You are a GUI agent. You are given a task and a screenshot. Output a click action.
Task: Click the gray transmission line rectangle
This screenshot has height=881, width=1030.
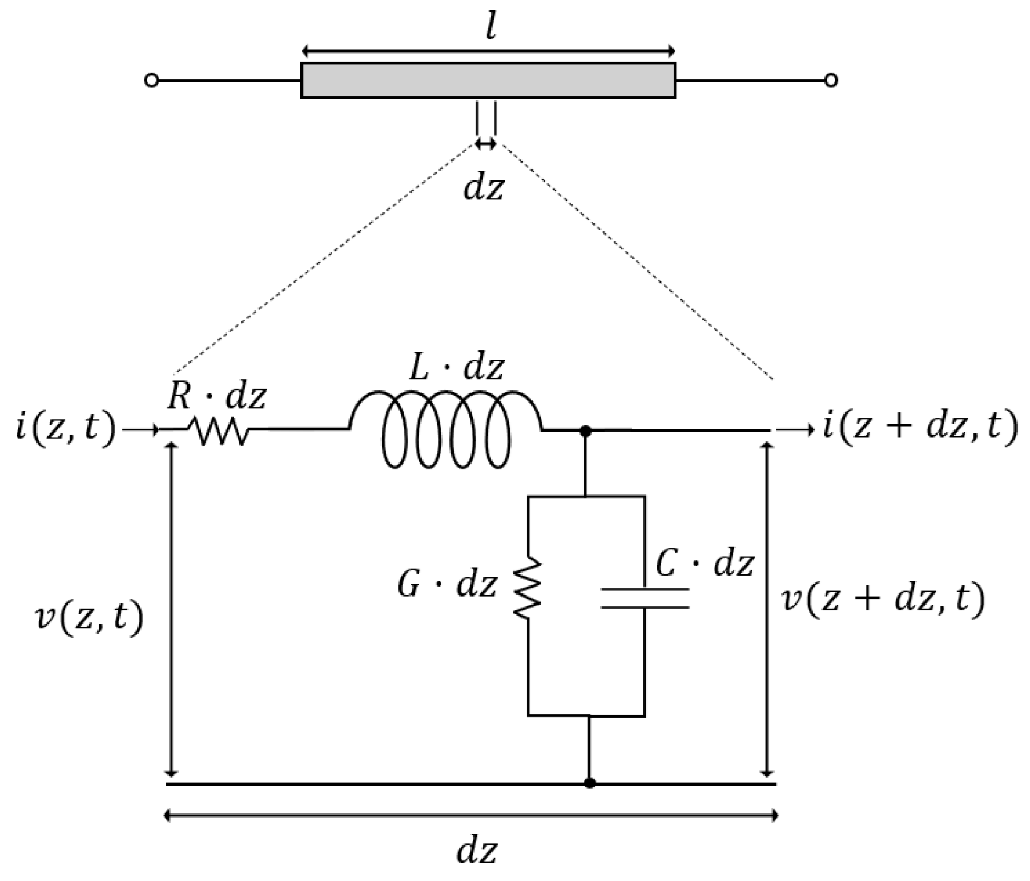point(488,80)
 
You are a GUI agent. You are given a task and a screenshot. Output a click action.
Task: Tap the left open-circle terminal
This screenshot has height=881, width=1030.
point(151,81)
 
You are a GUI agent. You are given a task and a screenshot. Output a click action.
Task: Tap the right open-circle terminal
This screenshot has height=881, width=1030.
point(831,81)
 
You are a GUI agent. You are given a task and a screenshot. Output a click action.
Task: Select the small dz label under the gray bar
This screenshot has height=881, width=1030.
point(483,188)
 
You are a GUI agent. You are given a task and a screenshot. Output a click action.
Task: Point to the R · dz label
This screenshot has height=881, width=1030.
point(217,397)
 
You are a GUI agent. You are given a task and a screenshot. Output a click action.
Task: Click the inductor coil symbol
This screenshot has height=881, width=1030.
point(447,428)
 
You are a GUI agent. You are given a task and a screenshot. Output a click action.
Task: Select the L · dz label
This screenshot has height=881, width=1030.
point(457,368)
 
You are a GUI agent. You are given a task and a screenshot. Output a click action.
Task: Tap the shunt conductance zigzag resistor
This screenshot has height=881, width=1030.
point(528,588)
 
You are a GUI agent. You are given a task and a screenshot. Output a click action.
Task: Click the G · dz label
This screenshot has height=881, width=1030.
point(447,585)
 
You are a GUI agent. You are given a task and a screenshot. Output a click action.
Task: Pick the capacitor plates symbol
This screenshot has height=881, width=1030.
point(645,598)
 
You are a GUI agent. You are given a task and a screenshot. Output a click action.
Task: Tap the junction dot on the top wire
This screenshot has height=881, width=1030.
point(586,432)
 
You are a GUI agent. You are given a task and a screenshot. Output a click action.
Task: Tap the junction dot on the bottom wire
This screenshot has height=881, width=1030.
point(589,783)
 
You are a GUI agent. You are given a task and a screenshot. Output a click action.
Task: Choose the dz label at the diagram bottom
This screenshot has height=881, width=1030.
point(476,852)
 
